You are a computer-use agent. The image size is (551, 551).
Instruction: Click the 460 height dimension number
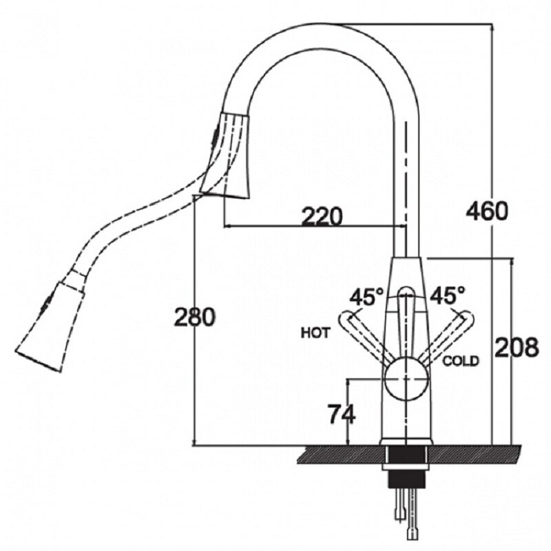click(487, 211)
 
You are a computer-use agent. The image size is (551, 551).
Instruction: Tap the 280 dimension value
click(194, 317)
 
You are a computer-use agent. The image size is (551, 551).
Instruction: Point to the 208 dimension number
click(517, 348)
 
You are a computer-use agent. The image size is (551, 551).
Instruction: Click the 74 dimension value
click(342, 414)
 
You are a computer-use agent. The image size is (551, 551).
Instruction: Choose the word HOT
click(315, 333)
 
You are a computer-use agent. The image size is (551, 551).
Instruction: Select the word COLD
click(461, 361)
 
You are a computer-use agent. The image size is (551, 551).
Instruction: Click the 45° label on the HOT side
click(366, 298)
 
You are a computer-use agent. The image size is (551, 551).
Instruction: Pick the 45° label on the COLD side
click(447, 295)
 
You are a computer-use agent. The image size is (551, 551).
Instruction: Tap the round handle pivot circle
click(406, 380)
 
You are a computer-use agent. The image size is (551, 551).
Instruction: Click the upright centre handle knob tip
click(406, 291)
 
